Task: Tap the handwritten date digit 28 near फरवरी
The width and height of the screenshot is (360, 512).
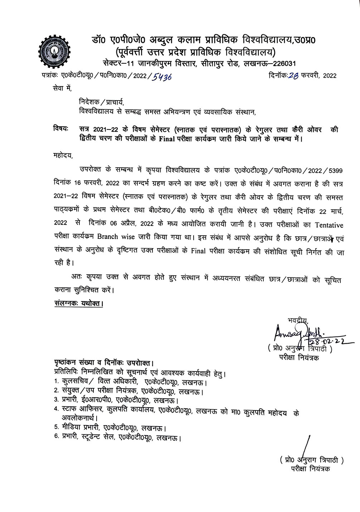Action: click(x=293, y=75)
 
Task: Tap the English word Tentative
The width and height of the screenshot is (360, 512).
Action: click(x=329, y=225)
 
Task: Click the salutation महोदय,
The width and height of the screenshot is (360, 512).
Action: click(x=62, y=156)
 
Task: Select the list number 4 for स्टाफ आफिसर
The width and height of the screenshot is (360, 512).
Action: click(x=56, y=409)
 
